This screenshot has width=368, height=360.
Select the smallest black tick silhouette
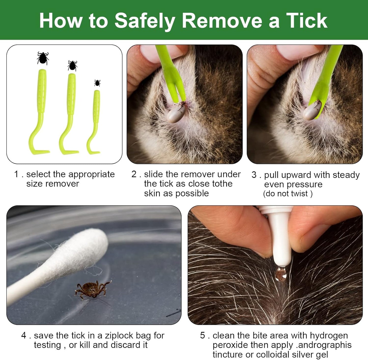click(97, 83)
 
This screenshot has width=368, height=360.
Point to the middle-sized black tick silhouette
click(72, 66)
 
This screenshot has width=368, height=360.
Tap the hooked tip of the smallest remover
click(94, 152)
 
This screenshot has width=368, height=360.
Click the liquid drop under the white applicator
click(281, 274)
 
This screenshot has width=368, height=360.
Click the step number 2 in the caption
click(134, 174)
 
